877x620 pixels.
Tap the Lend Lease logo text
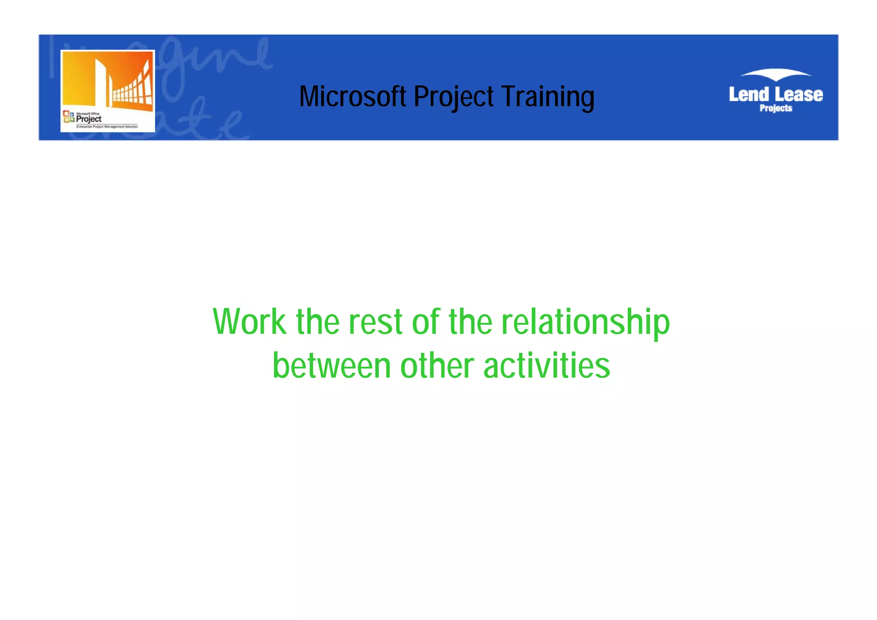(x=776, y=95)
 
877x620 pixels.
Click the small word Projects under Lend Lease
(x=776, y=108)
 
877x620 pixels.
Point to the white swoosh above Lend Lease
(x=776, y=75)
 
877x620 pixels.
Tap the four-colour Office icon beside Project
(x=69, y=116)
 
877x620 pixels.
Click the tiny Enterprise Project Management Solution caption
(x=107, y=127)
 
